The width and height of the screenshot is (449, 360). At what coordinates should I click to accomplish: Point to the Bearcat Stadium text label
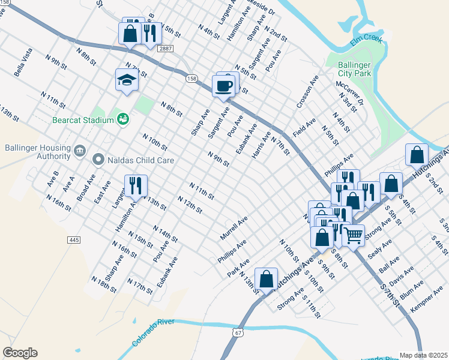point(83,120)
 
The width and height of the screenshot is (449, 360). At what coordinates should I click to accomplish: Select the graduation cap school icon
point(127,80)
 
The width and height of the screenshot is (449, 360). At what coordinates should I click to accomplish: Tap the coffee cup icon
point(224,86)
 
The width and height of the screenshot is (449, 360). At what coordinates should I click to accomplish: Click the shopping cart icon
point(353,235)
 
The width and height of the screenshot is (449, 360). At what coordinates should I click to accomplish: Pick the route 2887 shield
point(169,47)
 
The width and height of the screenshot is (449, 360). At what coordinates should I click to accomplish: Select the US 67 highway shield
point(239,332)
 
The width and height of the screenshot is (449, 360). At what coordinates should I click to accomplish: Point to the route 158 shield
point(191,79)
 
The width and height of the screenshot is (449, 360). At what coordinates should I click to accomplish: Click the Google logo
point(20,353)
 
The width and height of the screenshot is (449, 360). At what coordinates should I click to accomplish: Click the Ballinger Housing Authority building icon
point(80,149)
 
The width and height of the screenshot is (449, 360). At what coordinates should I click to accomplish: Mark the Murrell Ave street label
point(234,229)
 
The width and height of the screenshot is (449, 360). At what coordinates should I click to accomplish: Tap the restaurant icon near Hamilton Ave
point(135,185)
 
